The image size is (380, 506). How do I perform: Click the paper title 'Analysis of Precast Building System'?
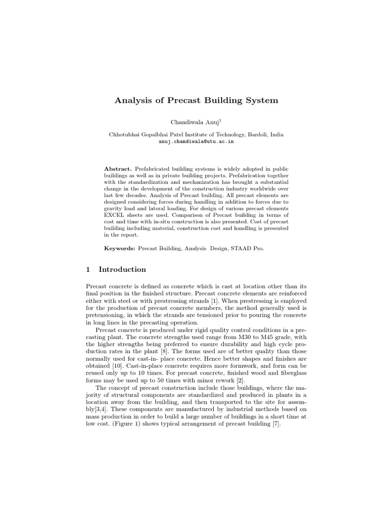point(196,100)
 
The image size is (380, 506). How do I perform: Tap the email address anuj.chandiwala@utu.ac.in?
point(196,141)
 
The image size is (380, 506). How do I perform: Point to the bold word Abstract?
point(118,169)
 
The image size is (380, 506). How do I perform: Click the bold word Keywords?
point(119,249)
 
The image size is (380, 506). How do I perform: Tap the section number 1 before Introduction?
point(88,270)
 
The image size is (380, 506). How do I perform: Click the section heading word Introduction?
point(122,270)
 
